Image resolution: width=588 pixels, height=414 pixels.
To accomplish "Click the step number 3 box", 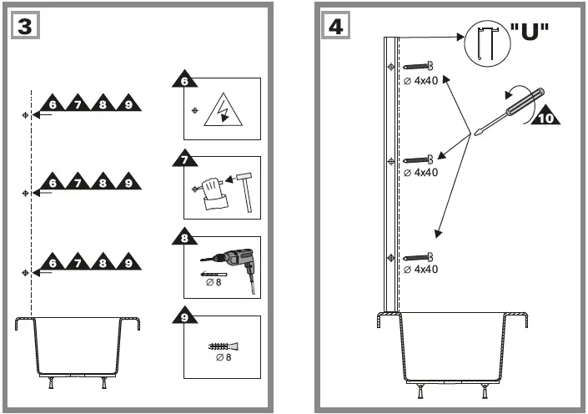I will [x=25, y=26].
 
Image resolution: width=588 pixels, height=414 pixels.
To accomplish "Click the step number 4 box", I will [x=334, y=26].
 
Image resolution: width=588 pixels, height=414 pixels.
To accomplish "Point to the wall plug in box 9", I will [x=222, y=346].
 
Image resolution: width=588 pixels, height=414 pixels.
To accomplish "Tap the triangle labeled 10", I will [x=545, y=114].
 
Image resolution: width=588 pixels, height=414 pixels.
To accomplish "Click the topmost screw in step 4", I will [x=421, y=67].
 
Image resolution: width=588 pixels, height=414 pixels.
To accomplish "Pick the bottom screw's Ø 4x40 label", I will [x=420, y=269].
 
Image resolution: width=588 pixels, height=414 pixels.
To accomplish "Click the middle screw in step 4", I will [x=421, y=159].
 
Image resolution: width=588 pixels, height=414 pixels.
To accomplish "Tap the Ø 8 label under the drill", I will [x=214, y=282].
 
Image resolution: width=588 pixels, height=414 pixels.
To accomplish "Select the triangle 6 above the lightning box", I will [x=184, y=81].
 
